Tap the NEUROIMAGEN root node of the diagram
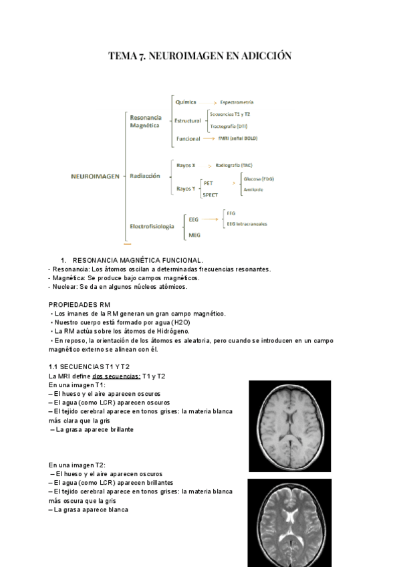pyautogui.click(x=95, y=176)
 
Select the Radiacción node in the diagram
pyautogui.click(x=145, y=176)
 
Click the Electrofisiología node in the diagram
pyautogui.click(x=152, y=226)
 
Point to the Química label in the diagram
pyautogui.click(x=185, y=102)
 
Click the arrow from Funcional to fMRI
pyautogui.click(x=209, y=138)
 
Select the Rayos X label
pyautogui.click(x=185, y=164)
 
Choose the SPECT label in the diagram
pyautogui.click(x=211, y=195)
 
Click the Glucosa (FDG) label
pyautogui.click(x=259, y=179)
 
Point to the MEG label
pyautogui.click(x=194, y=235)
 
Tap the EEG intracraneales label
pyautogui.click(x=247, y=224)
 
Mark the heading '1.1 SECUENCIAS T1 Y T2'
pyautogui.click(x=89, y=367)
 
